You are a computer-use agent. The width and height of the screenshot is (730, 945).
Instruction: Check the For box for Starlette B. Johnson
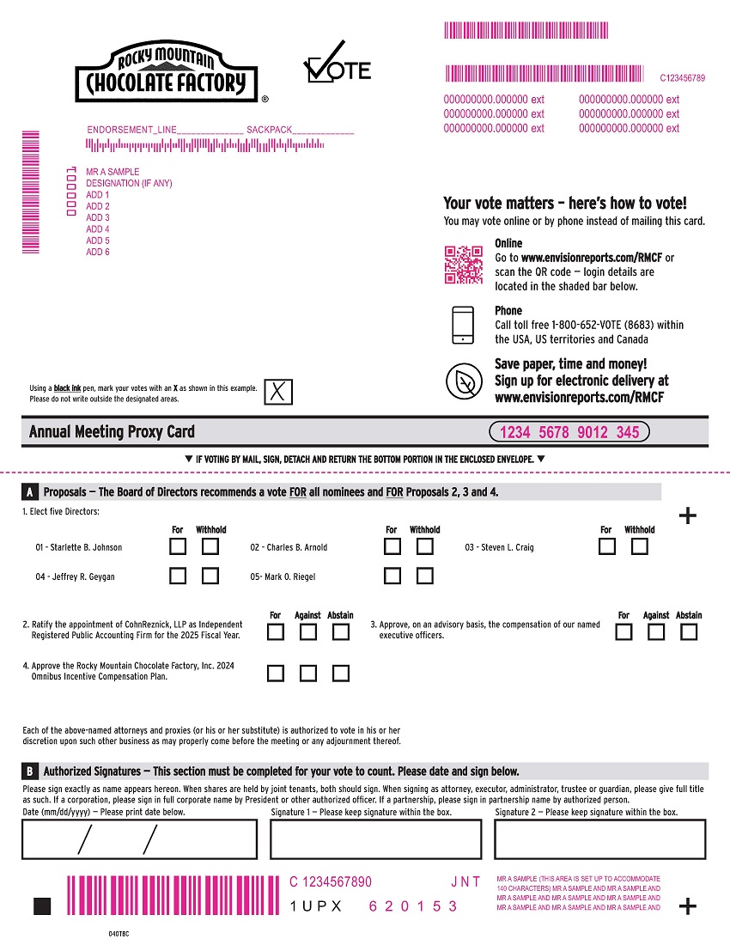[x=178, y=546]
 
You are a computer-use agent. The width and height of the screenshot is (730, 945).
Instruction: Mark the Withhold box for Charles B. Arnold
[x=424, y=546]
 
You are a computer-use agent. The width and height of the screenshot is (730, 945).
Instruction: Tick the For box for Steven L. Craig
[x=607, y=546]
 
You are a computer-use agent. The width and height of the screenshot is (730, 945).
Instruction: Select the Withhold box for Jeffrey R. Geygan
[x=210, y=576]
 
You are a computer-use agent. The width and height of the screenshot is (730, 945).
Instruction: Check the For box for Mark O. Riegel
[x=392, y=576]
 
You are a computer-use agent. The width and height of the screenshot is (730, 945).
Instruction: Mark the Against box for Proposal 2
[x=308, y=632]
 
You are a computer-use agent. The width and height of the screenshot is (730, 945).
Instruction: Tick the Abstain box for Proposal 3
[x=689, y=632]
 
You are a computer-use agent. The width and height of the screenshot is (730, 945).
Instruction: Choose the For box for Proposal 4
[x=276, y=674]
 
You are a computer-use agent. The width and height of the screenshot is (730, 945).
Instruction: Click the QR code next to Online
[x=463, y=265]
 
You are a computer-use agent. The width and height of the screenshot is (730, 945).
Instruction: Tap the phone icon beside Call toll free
[x=463, y=325]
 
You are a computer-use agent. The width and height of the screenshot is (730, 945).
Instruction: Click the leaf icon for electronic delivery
[x=463, y=381]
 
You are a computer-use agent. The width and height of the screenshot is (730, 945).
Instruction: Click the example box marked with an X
[x=278, y=392]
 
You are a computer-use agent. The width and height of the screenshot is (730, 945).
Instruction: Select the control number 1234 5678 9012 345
[x=569, y=432]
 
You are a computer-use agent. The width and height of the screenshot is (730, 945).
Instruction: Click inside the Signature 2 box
[x=599, y=838]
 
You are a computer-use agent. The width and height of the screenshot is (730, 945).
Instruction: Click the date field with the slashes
[x=139, y=838]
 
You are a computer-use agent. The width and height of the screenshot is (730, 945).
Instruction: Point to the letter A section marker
[x=30, y=492]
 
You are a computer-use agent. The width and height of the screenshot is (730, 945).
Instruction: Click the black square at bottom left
[x=42, y=906]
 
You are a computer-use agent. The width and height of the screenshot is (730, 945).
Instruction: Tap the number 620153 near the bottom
[x=413, y=906]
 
